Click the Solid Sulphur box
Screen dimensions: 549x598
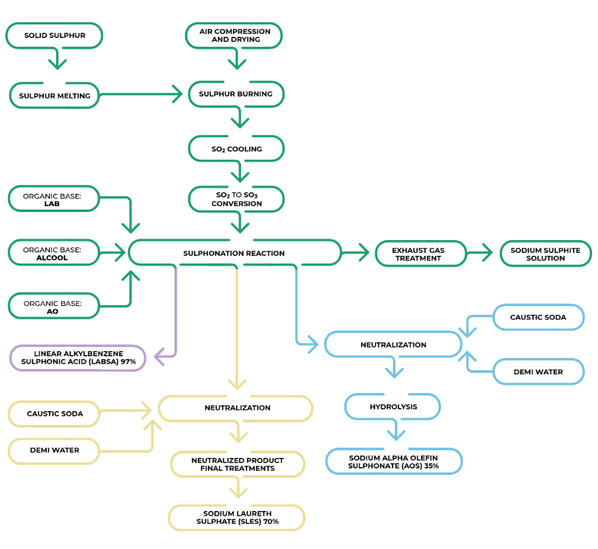(54, 36)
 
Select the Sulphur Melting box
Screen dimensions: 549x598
(55, 95)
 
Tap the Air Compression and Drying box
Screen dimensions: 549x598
(234, 36)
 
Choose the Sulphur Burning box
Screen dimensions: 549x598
(236, 94)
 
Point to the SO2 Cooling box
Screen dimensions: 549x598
(236, 149)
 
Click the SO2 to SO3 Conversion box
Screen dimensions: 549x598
(236, 199)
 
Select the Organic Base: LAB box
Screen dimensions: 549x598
(53, 199)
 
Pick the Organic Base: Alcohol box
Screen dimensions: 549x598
(53, 253)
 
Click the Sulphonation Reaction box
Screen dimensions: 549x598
(234, 253)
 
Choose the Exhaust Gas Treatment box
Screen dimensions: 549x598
(420, 253)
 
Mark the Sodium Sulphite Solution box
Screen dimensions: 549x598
(545, 253)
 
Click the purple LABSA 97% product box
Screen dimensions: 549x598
(78, 358)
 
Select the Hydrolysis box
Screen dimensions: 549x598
(392, 406)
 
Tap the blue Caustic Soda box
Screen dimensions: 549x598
(538, 317)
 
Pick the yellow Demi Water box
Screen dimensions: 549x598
(54, 450)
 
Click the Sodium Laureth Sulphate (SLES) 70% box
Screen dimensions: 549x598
(237, 517)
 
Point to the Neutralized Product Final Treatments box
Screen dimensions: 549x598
(237, 464)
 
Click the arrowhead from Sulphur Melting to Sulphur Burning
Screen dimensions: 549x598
(178, 94)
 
